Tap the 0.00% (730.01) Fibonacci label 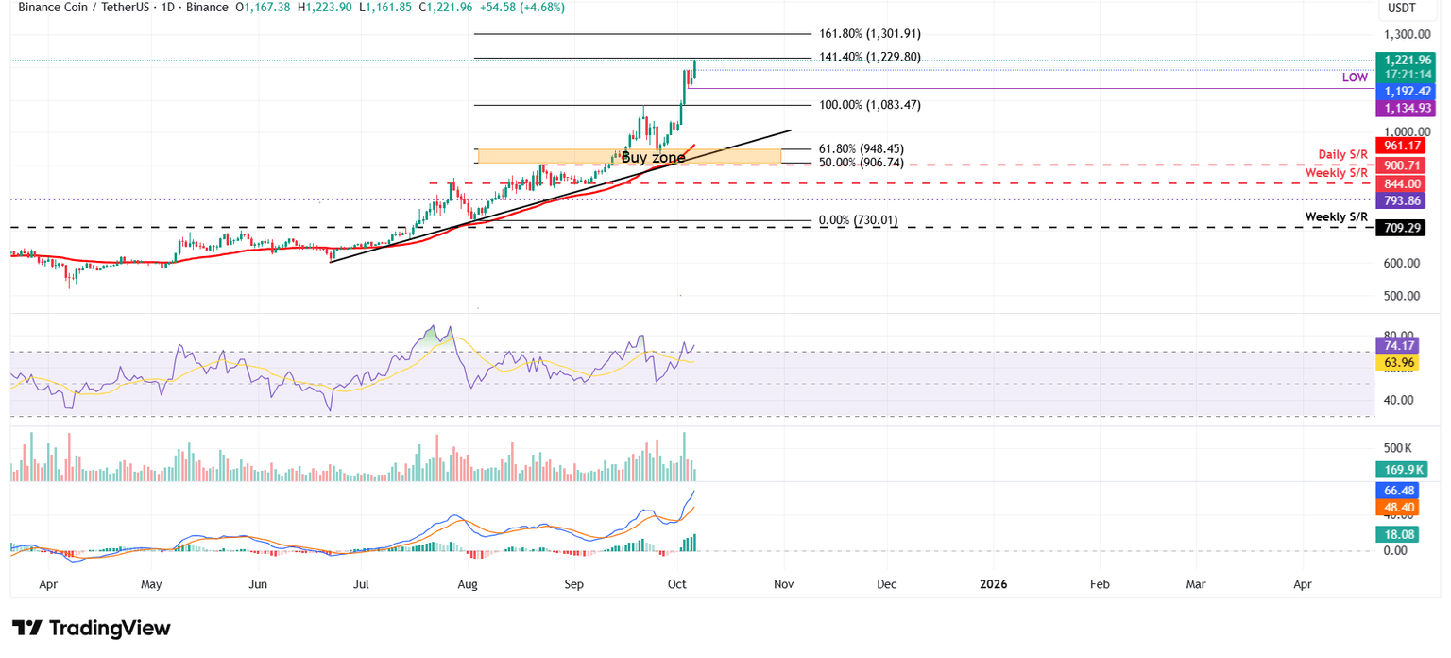858,220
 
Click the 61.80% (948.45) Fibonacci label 861,148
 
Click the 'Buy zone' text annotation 653,157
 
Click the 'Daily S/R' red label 1342,154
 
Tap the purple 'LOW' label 1355,78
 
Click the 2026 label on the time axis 993,584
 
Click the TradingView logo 92,628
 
